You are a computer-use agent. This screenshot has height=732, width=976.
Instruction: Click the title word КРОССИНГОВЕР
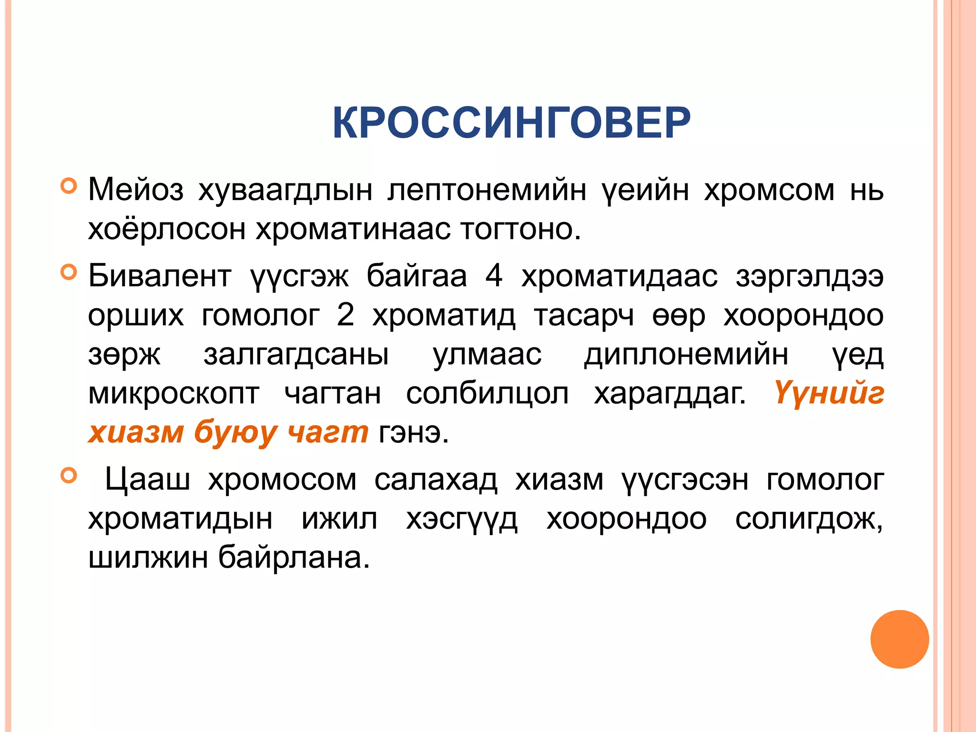(511, 123)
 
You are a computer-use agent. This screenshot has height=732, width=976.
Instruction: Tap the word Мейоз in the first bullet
(136, 190)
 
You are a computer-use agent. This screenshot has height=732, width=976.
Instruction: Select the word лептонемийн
(487, 190)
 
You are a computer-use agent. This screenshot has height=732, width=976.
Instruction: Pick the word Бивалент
(160, 276)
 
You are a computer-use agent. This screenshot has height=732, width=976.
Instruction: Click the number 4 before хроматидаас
(494, 276)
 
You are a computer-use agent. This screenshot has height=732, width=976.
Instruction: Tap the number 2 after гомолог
(346, 315)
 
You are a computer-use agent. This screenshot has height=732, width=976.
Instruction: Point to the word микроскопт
(174, 394)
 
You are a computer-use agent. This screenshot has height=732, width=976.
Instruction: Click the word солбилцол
(487, 394)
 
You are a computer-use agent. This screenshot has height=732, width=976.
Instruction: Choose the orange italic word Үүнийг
(829, 394)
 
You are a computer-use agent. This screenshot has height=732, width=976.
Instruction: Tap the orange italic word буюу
(235, 433)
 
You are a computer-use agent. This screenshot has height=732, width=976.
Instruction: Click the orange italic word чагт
(328, 433)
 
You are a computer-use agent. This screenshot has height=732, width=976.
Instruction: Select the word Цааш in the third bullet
(147, 479)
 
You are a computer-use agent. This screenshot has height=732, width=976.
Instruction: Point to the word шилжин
(148, 558)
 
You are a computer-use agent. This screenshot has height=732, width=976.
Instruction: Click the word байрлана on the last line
(294, 558)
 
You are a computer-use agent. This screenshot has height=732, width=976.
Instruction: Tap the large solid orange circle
(899, 639)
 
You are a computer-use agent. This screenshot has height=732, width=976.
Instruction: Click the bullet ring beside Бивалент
(69, 272)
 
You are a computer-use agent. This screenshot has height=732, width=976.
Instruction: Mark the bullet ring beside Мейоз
(69, 185)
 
